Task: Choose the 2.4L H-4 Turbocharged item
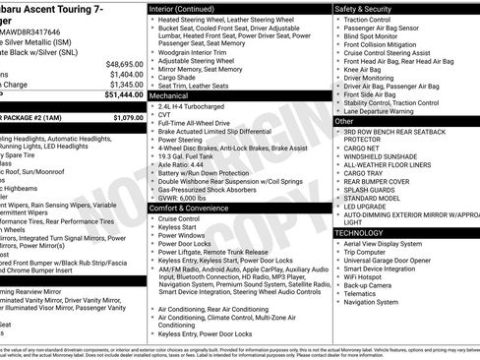pyautogui.click(x=194, y=106)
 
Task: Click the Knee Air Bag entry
pyautogui.click(x=367, y=70)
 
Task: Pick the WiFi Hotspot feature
pyautogui.click(x=368, y=277)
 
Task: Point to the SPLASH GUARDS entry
pyautogui.click(x=373, y=190)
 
